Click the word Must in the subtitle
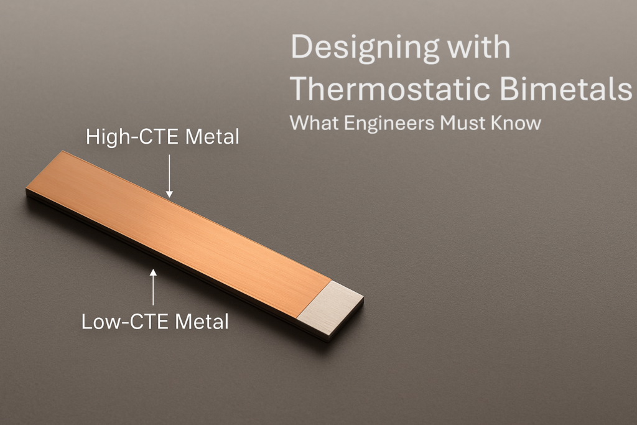pos(463,123)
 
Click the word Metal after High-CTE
pos(213,137)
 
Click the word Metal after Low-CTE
pos(202,322)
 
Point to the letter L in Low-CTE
pos(87,322)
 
